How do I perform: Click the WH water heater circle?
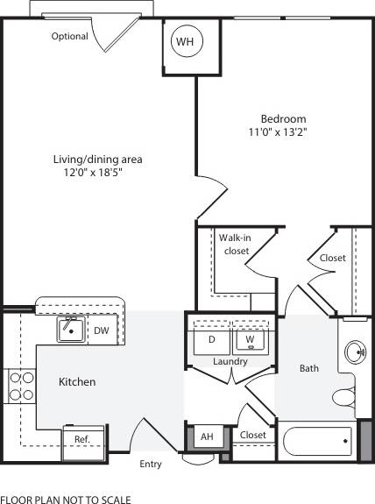[x=185, y=41]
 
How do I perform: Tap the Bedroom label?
[x=283, y=118]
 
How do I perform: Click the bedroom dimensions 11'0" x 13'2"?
[x=283, y=132]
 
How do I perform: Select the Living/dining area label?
[x=97, y=160]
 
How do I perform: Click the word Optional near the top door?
[x=69, y=37]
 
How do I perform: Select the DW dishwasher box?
[x=101, y=330]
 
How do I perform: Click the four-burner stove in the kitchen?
[x=21, y=387]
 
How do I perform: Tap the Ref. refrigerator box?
[x=82, y=438]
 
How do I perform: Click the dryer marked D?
[x=211, y=339]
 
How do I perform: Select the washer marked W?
[x=250, y=339]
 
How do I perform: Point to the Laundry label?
[x=230, y=361]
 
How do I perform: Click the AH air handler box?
[x=207, y=436]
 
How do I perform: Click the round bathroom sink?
[x=356, y=352]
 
